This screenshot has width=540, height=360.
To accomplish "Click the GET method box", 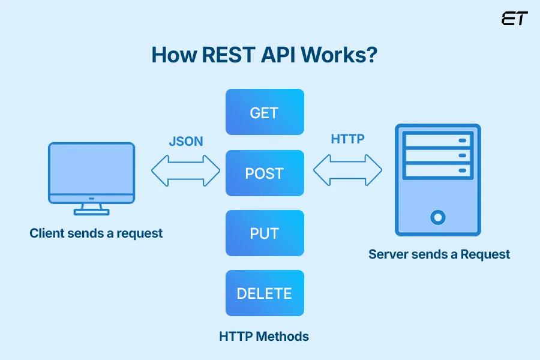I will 265,112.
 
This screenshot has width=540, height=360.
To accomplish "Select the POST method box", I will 265,173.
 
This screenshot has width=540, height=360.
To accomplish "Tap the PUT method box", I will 265,233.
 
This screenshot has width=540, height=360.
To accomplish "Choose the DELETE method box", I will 265,293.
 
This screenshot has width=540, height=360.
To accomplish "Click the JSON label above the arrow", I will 185,142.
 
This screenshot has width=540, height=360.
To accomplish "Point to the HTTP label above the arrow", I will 347,139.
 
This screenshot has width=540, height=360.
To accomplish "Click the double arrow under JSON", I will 185,170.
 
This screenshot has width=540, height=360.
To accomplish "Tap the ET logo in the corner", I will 514,18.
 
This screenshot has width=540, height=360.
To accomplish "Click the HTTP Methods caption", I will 264,336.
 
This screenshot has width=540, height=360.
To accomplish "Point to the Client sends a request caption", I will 96,233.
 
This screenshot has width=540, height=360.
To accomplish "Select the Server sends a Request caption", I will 439,254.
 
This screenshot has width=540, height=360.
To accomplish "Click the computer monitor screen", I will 92,169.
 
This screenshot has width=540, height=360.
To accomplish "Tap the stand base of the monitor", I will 91,211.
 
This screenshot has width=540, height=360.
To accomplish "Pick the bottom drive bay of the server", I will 437,170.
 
